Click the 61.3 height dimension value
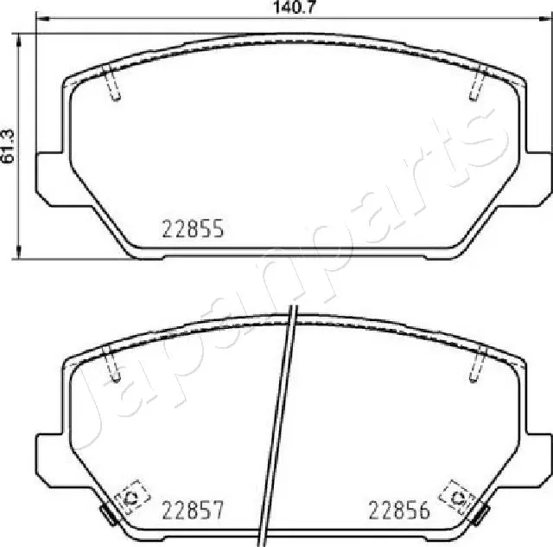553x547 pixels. click(x=8, y=144)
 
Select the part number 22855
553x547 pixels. click(x=194, y=228)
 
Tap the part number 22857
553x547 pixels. click(x=194, y=511)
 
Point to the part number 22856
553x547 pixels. click(x=399, y=511)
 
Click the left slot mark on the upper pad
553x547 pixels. click(x=112, y=84)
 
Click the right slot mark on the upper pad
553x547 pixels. click(x=476, y=84)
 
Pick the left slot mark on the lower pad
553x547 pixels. click(x=111, y=364)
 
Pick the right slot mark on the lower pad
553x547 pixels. click(x=476, y=364)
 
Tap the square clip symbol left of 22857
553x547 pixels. click(x=131, y=498)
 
